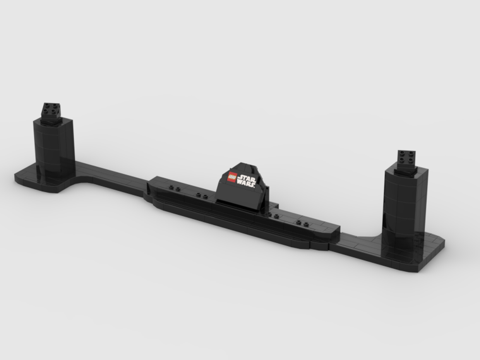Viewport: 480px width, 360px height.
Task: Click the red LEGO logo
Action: [x=231, y=177]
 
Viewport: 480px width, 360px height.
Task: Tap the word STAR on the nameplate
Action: [x=247, y=177]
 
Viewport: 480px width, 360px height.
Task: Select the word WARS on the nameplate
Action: [x=248, y=183]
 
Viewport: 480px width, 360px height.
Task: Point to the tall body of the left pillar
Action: [x=53, y=146]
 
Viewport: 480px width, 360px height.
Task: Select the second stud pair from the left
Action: [x=202, y=196]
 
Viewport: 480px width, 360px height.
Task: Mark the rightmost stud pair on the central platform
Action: [x=302, y=223]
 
